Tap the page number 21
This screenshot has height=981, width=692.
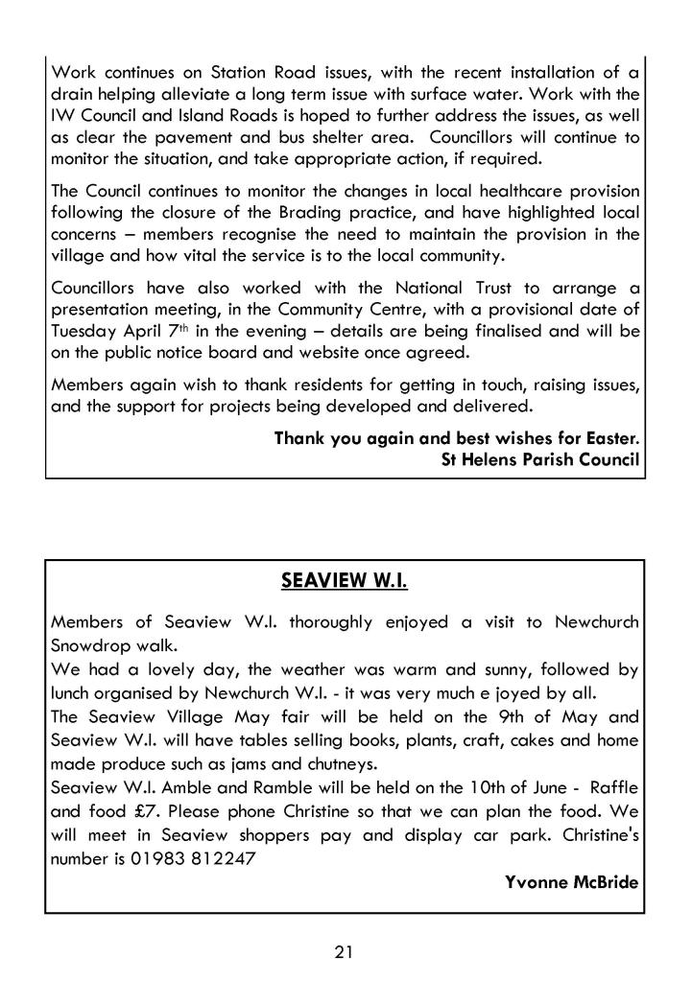click(x=346, y=951)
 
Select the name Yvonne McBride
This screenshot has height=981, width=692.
click(x=572, y=882)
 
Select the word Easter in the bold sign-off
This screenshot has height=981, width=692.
click(x=610, y=438)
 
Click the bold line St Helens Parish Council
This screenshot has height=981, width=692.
click(x=539, y=459)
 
